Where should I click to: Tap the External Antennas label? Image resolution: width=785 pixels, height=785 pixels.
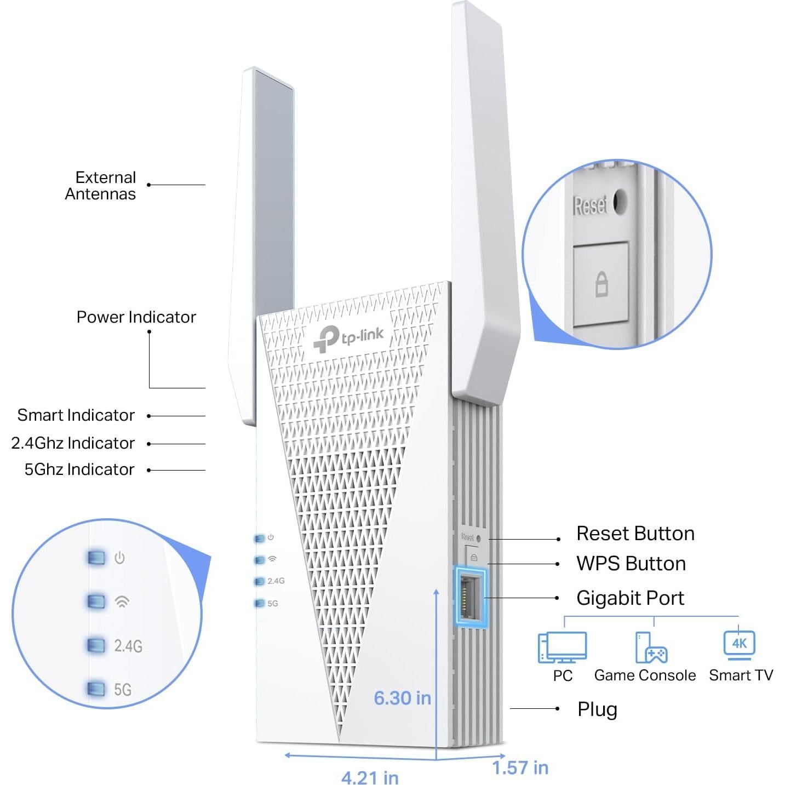click(x=101, y=186)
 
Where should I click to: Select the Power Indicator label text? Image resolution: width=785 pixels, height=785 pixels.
click(x=136, y=317)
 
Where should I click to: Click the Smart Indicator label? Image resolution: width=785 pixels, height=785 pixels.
click(x=76, y=415)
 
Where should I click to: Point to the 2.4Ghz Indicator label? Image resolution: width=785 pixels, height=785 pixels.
click(x=73, y=443)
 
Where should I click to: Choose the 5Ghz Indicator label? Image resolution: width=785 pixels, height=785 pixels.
click(x=79, y=469)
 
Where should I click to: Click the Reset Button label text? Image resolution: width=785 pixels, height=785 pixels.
click(x=635, y=534)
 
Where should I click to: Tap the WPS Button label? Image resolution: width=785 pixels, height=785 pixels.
click(x=631, y=564)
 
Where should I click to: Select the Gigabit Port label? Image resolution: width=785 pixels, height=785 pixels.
click(x=630, y=598)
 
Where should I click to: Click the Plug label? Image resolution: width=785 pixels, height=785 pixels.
click(x=597, y=709)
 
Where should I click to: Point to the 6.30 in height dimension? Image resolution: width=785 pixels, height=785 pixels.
click(x=402, y=698)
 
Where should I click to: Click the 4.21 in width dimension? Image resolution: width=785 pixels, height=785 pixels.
click(x=370, y=777)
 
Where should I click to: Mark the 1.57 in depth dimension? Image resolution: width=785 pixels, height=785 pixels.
click(x=520, y=768)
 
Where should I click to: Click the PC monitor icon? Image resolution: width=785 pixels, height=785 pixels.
click(x=563, y=647)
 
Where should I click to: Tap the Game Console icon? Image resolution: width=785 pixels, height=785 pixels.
click(x=651, y=648)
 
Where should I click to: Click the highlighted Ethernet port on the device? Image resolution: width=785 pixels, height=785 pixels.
click(x=471, y=597)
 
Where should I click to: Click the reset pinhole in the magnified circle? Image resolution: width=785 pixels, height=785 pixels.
click(x=620, y=202)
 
